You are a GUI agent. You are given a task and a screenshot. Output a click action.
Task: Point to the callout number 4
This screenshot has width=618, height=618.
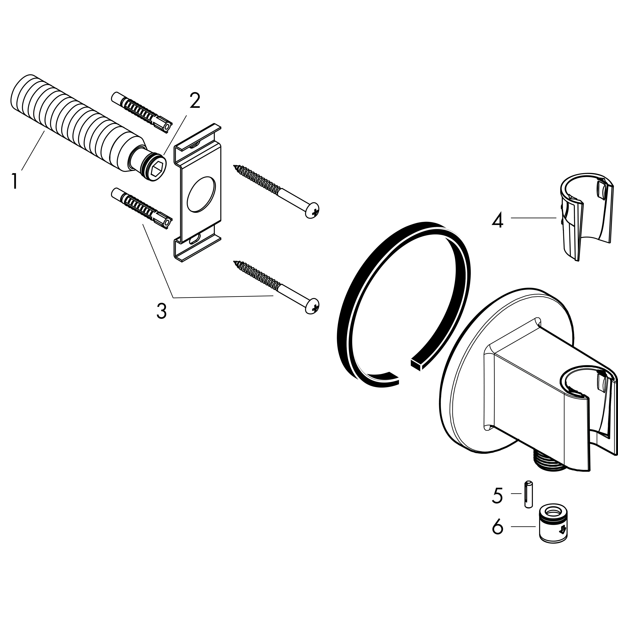[x=497, y=221]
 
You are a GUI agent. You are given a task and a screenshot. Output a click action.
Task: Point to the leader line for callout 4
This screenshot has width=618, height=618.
[x=534, y=218]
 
